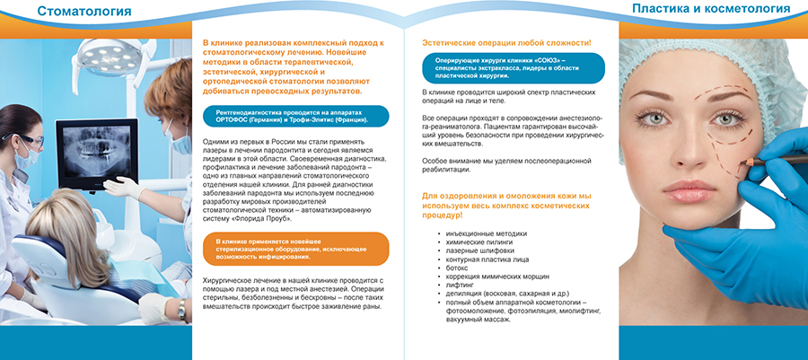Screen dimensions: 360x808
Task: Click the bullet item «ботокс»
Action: click(x=457, y=268)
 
